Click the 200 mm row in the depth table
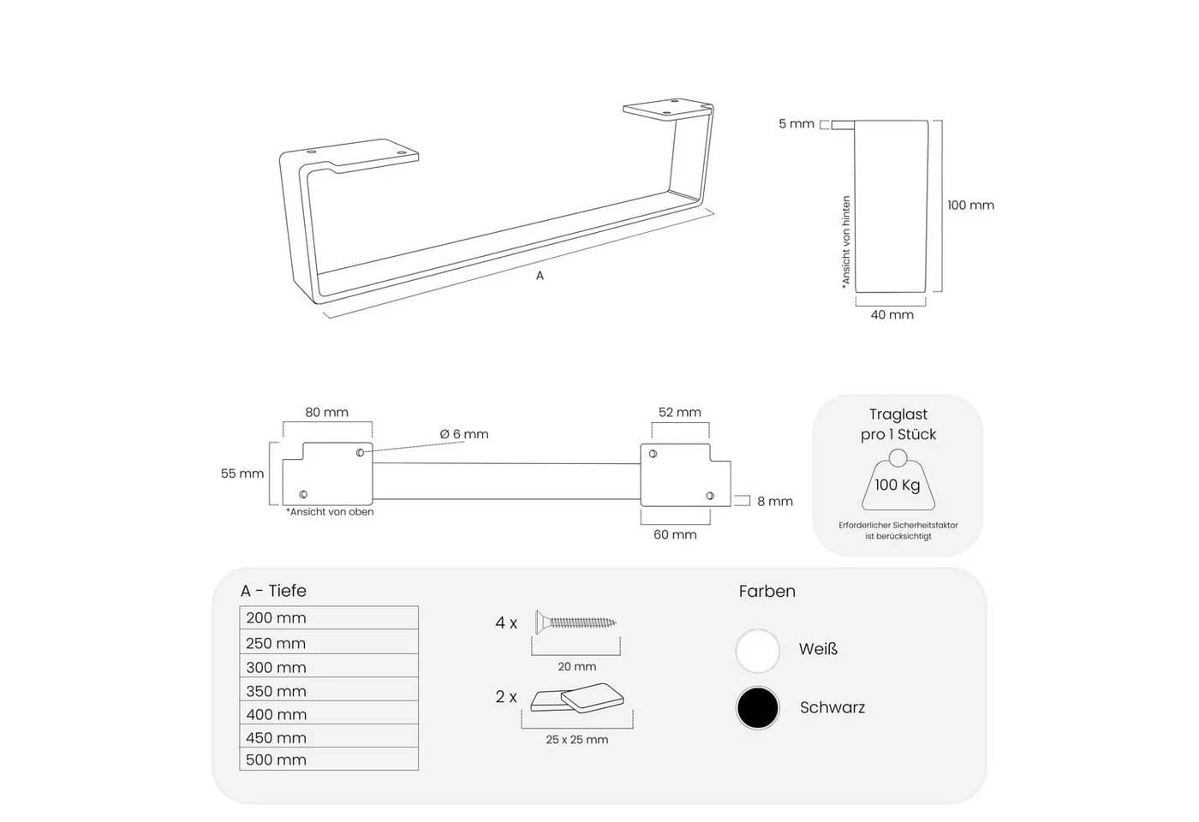329,617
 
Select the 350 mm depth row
329,689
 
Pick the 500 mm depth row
329,759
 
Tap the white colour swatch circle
757,650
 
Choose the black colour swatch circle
757,708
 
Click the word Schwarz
832,707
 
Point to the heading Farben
767,592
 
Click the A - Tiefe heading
273,591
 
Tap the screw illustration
576,622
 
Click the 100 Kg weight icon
898,480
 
